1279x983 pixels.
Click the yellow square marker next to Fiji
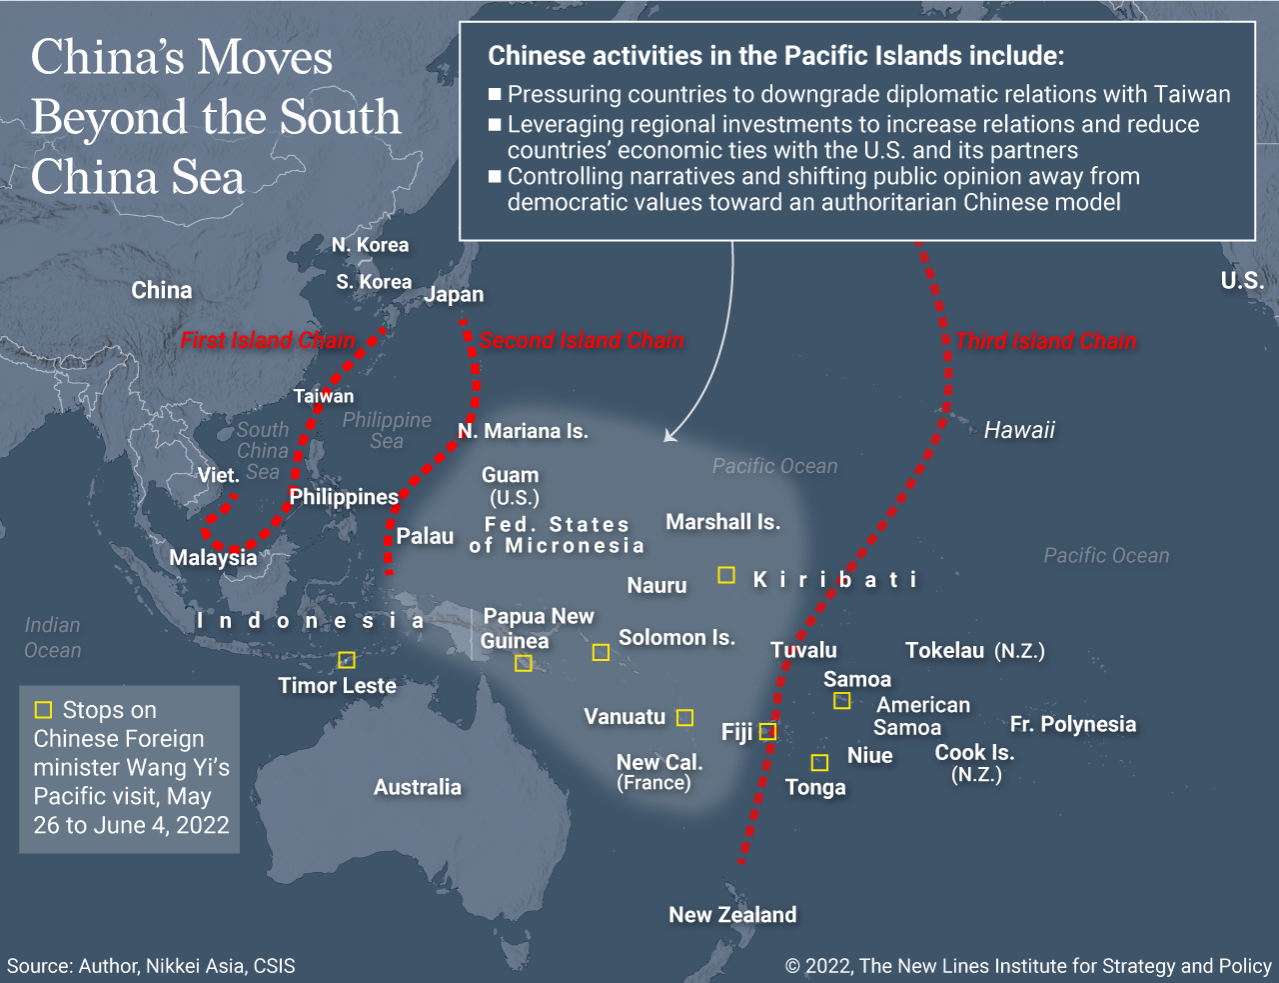coord(767,731)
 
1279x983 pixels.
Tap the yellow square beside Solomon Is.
coord(601,652)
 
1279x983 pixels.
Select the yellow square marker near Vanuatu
coord(684,717)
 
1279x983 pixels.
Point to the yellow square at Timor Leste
coord(347,660)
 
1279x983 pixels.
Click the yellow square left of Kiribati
coord(726,575)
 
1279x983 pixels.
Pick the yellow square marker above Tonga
coord(819,763)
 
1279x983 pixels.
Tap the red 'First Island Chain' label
coord(267,340)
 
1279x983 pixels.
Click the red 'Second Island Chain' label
coord(582,340)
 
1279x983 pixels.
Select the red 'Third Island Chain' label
coord(1045,341)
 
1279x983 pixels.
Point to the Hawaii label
coord(1019,430)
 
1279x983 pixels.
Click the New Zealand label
coord(732,914)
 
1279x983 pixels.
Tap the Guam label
coord(510,475)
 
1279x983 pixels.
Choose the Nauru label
coord(656,585)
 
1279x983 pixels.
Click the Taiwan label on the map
coord(324,396)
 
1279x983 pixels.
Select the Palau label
coord(425,536)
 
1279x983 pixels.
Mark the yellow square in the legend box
coord(43,710)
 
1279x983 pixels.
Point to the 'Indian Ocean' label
coord(53,637)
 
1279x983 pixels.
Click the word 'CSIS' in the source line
coord(274,966)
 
